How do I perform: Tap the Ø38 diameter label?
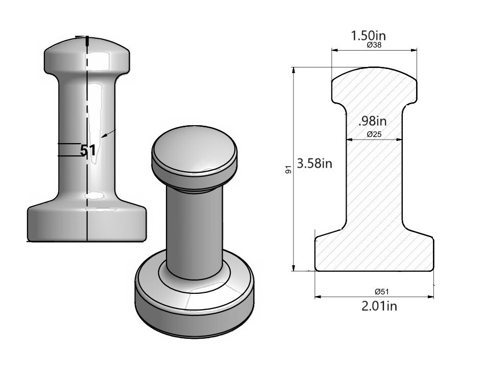click(x=375, y=45)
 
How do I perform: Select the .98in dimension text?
click(x=372, y=121)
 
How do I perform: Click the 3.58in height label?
click(x=315, y=164)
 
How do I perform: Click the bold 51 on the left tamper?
click(x=88, y=151)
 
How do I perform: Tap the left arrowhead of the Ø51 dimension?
click(x=317, y=296)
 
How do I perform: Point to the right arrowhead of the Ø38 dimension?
click(x=415, y=50)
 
